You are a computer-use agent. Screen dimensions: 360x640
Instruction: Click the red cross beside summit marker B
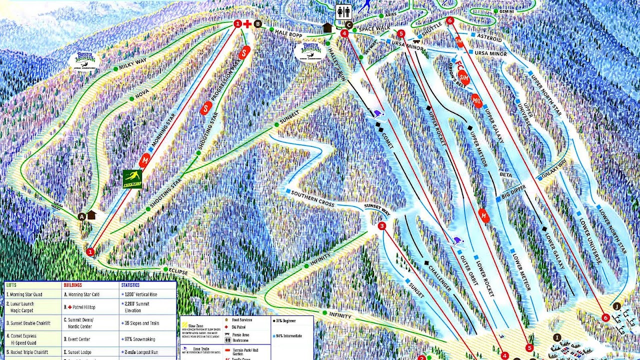pos(247,23)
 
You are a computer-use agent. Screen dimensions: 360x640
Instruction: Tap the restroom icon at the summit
pos(343,12)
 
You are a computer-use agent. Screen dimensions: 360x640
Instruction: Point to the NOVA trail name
pos(142,93)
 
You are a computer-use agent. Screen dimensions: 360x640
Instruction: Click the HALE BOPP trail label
pos(289,31)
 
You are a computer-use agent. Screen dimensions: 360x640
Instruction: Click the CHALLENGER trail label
pos(439,277)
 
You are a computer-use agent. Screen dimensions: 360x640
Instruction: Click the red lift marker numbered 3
pos(382,226)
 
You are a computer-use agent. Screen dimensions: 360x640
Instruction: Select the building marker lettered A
pos(81,216)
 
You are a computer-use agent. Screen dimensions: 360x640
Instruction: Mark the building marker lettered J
pos(616,306)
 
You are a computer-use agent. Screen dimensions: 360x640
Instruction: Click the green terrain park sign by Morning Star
pos(132,179)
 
